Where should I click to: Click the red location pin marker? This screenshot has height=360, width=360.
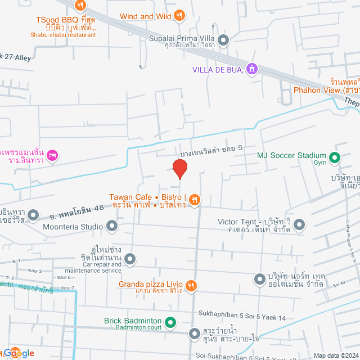(x=179, y=168)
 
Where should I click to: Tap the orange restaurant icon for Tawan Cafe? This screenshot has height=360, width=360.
(x=194, y=199)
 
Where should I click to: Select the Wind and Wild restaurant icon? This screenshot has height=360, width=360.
(x=179, y=16)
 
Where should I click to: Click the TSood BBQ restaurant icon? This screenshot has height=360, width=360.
(x=80, y=6)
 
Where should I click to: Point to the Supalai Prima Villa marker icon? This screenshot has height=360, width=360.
(x=223, y=40)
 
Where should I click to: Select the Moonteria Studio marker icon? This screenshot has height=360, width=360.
(x=112, y=227)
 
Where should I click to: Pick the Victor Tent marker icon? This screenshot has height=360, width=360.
(x=299, y=224)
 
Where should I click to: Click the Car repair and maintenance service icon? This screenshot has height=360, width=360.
(x=130, y=259)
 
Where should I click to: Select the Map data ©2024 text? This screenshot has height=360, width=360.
(x=335, y=355)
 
